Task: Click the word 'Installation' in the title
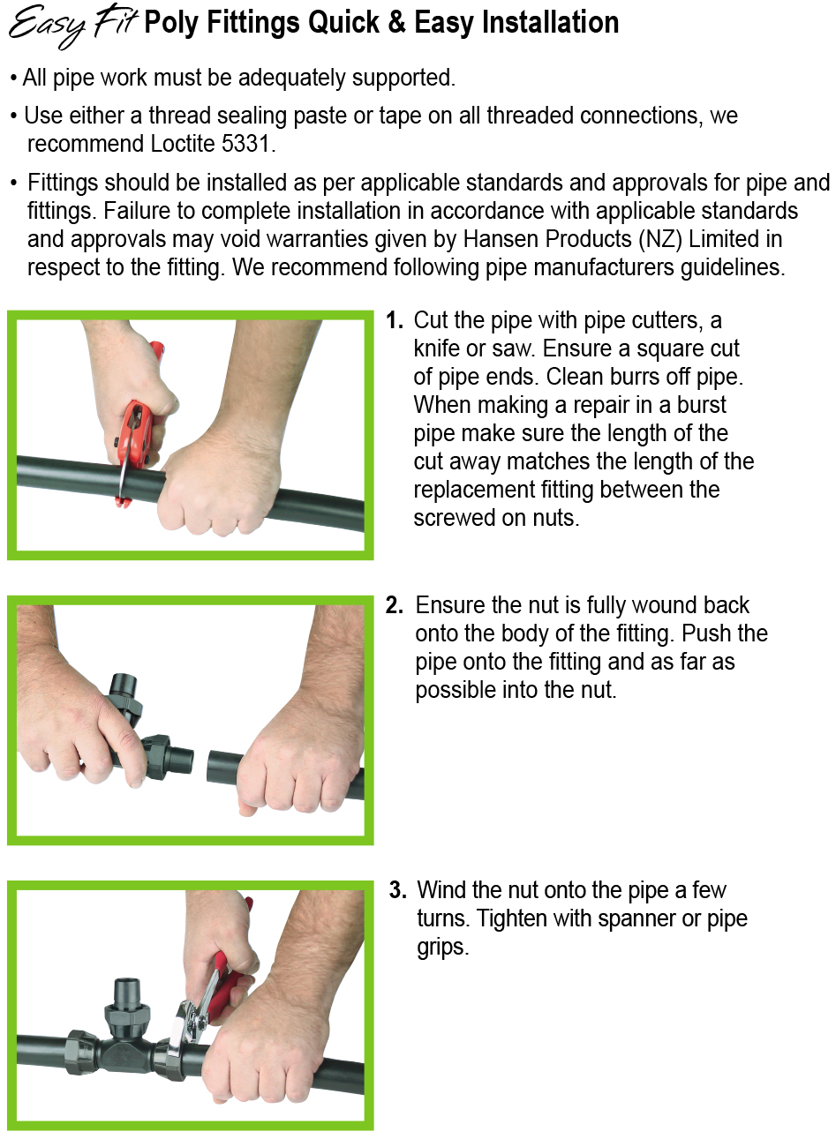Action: pos(551,22)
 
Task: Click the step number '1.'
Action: pos(395,320)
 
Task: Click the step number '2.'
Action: pos(395,605)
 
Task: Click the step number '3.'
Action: pos(397,890)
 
